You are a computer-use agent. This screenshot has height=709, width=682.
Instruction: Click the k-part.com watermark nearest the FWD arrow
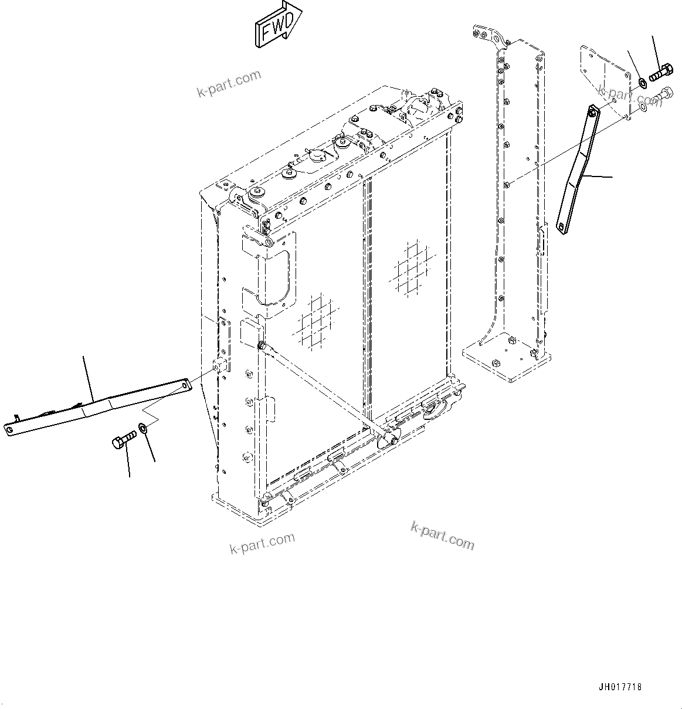coord(229,84)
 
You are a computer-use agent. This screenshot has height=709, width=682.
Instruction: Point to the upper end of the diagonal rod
coord(262,344)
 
